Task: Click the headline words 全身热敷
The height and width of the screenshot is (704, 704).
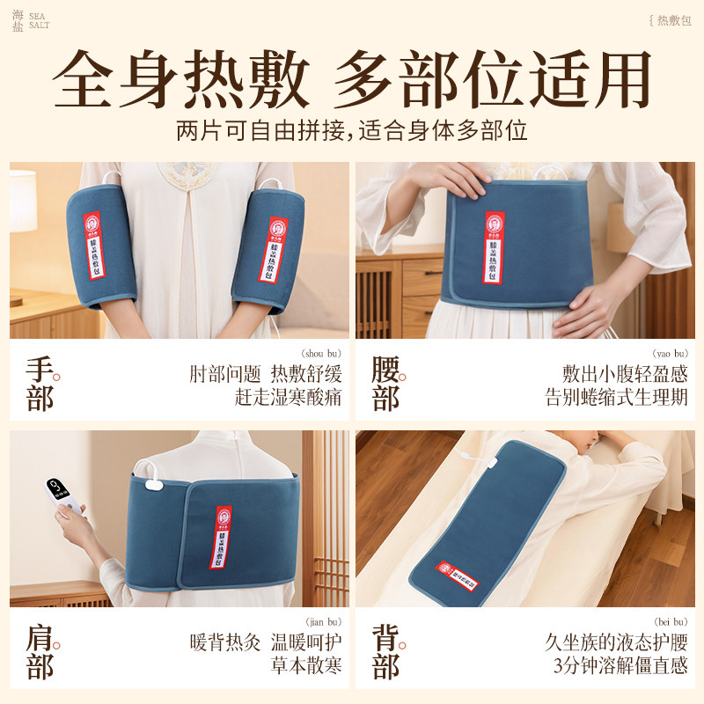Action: tap(180, 80)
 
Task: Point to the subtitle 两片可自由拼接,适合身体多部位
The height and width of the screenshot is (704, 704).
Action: tap(352, 131)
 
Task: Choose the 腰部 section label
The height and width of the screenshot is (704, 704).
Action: tap(386, 383)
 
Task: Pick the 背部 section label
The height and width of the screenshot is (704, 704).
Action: tap(386, 651)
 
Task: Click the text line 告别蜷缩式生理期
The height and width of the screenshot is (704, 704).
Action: tap(616, 397)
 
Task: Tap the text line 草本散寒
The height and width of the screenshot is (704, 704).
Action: tap(305, 666)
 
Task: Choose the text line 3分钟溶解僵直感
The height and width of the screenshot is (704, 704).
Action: tap(620, 666)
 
